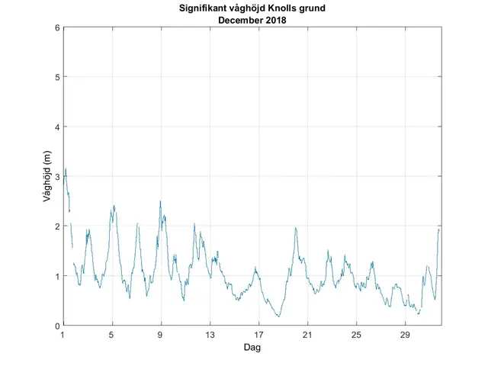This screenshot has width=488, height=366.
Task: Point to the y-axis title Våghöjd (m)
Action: coord(47,176)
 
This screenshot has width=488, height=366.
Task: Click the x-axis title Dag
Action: coord(252,348)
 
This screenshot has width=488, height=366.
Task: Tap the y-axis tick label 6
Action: coord(56,27)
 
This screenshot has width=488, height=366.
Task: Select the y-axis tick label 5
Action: coord(56,77)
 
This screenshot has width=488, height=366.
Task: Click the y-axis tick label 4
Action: coord(56,127)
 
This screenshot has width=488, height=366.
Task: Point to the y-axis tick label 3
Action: coord(56,177)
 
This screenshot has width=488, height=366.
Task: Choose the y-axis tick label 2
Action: coord(56,226)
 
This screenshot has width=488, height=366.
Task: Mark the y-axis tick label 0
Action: coord(56,326)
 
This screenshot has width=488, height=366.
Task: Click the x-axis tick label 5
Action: coord(112,335)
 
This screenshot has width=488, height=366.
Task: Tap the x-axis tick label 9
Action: coord(161,335)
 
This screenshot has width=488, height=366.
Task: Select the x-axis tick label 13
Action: coord(210,335)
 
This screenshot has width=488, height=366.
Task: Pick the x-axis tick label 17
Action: coord(258,335)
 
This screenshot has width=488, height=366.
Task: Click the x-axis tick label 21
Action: coord(307,335)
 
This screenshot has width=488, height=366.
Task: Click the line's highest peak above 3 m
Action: coord(66,169)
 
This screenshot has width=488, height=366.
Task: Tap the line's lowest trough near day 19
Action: coord(279,316)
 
